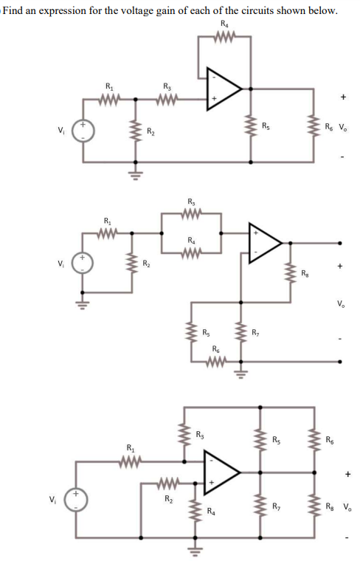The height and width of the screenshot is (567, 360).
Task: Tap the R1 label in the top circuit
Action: pos(111,86)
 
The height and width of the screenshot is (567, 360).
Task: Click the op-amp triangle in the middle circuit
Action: pos(263,241)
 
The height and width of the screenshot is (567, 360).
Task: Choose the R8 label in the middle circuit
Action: pos(305,274)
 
